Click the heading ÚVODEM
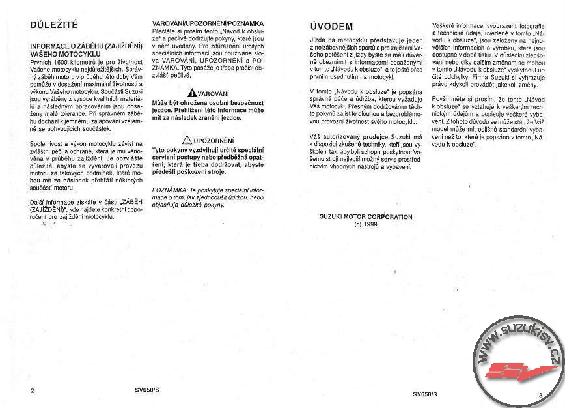pos(331,27)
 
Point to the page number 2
pos(32,392)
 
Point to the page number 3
pos(540,394)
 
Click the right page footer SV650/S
pos(424,394)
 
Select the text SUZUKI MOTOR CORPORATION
pos(366,216)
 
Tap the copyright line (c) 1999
pos(365,223)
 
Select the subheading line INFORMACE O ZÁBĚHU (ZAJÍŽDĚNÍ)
pos(87,46)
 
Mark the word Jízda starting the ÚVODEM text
pos(318,40)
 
